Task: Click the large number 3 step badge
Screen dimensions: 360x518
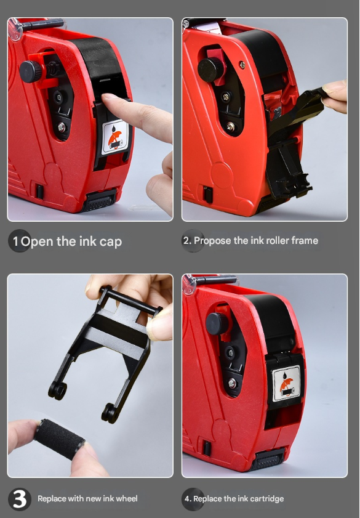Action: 20,499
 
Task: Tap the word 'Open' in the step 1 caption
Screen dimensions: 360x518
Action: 37,242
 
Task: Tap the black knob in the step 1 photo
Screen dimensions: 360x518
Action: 30,71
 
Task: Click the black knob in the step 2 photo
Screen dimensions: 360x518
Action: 210,70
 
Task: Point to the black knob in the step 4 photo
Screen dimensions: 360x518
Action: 217,323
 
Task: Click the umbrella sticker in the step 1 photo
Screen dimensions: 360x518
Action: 115,137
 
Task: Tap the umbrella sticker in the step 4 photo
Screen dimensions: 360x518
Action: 286,383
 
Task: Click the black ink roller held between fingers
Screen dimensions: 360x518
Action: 60,439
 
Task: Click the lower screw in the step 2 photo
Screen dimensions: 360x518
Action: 231,126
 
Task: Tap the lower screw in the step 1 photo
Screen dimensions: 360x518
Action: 62,126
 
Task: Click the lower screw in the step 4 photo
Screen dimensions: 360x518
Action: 232,384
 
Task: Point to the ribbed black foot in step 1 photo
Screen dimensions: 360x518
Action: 98,201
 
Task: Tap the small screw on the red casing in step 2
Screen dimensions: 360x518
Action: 242,65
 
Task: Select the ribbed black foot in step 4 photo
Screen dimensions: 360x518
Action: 267,459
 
